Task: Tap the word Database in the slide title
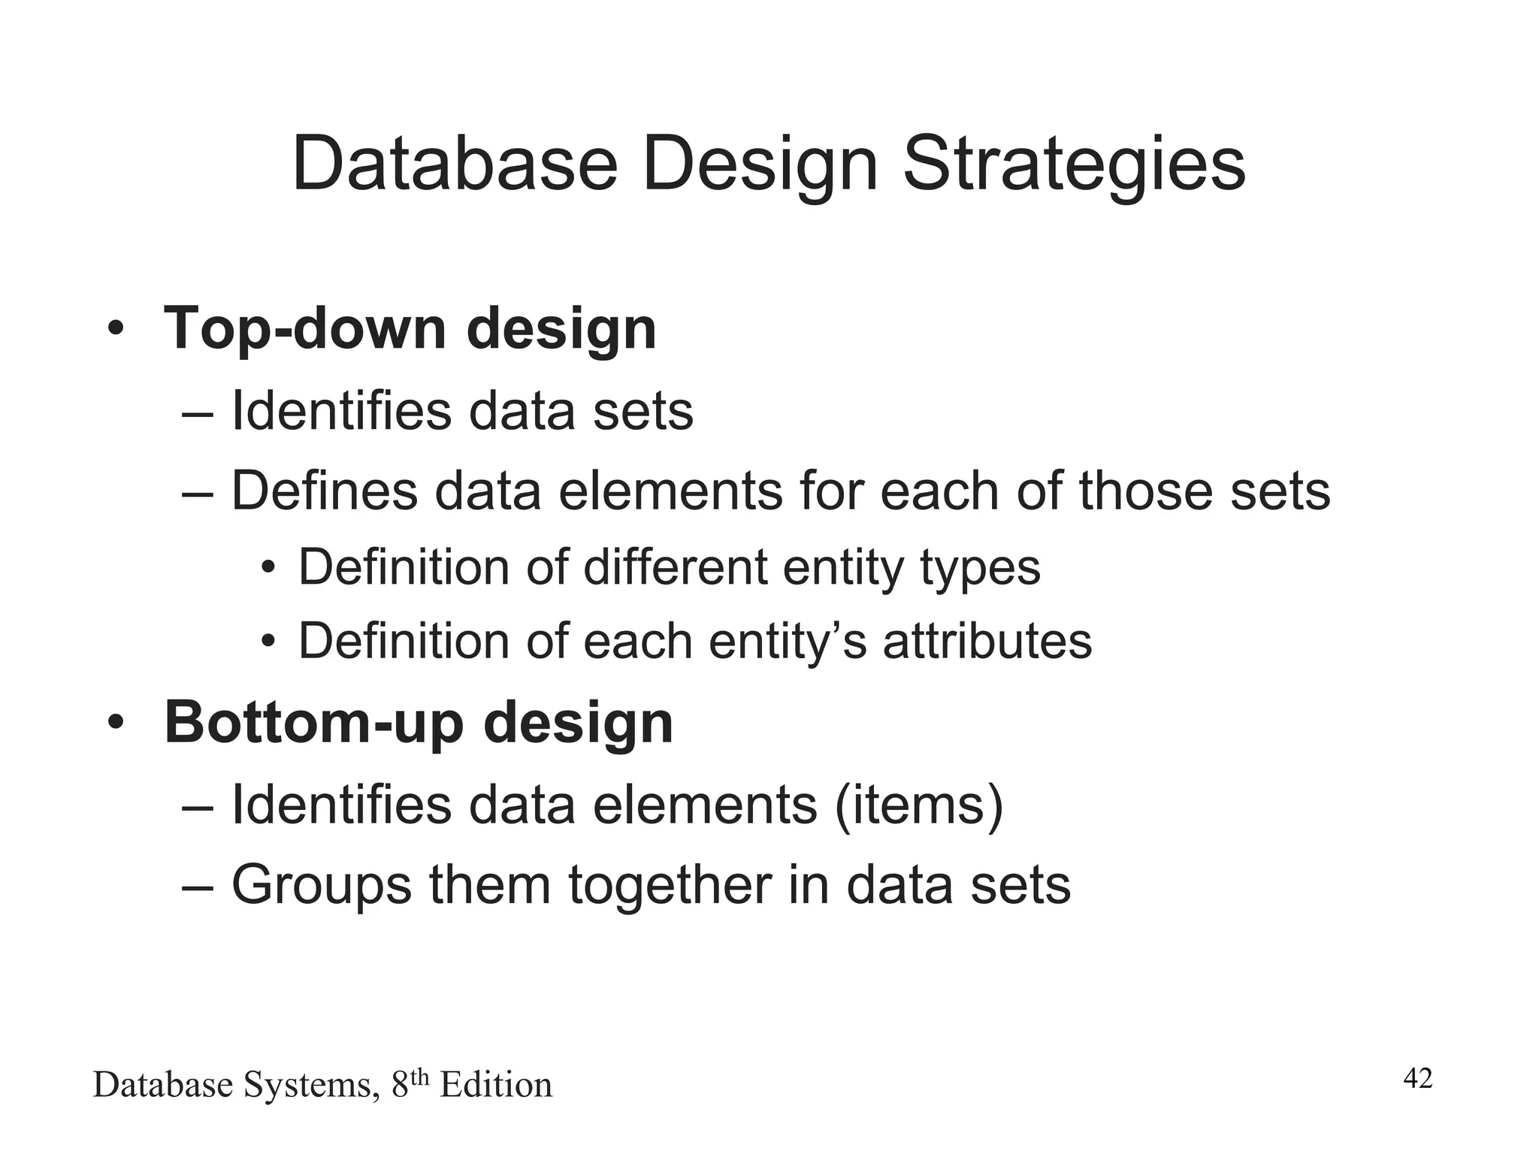pos(454,165)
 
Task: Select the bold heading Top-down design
pos(410,328)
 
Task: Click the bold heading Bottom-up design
pos(419,722)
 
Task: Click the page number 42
pos(1418,1078)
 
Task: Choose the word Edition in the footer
pos(495,1085)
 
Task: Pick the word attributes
pos(987,641)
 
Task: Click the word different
pos(675,566)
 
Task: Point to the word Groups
pos(322,885)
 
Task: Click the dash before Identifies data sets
pos(198,412)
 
